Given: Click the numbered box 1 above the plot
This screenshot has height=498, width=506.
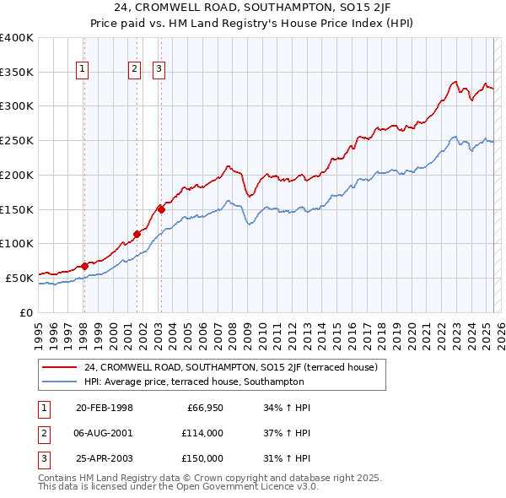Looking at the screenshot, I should (83, 70).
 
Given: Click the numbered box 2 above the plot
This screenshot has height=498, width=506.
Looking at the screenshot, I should (134, 70).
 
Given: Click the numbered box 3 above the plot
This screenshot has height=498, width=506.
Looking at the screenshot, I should (159, 70).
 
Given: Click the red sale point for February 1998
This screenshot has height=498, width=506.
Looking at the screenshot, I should (84, 266).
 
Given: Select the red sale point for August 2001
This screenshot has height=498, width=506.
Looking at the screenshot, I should (136, 234).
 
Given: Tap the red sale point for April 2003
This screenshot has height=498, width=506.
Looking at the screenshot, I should (161, 209).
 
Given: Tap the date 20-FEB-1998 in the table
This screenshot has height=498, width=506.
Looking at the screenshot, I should (105, 409).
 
